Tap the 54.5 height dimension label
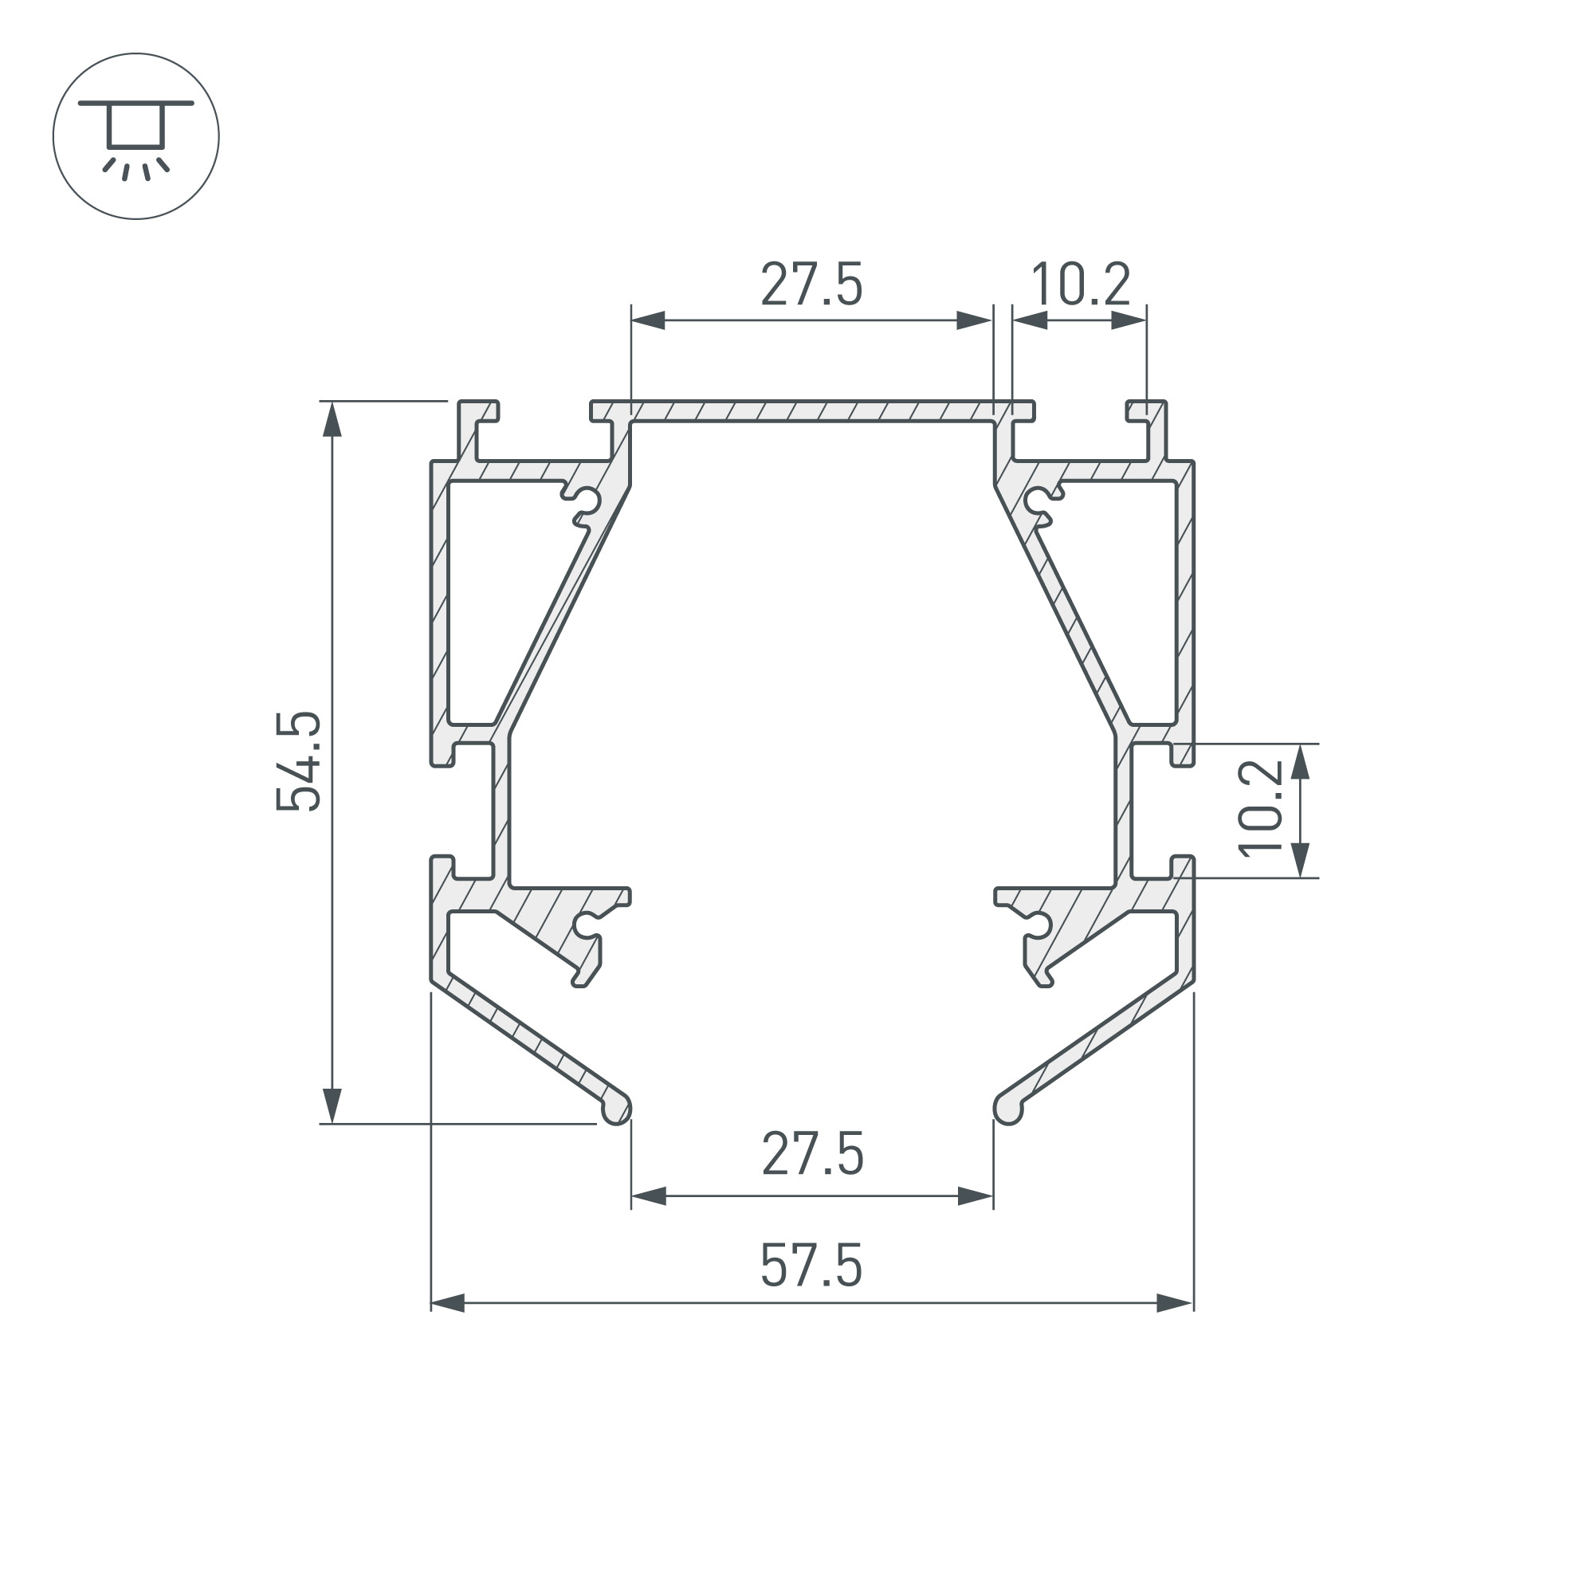(x=299, y=761)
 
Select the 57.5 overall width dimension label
(x=811, y=1266)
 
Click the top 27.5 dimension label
(x=811, y=284)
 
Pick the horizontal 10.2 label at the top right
(x=1080, y=284)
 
